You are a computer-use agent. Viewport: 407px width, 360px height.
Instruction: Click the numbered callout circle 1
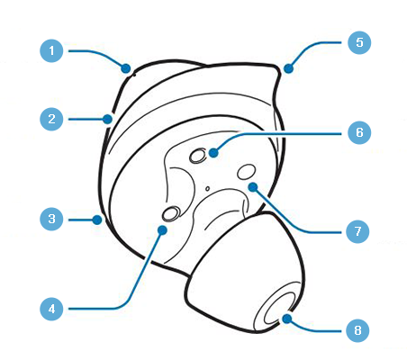(51, 50)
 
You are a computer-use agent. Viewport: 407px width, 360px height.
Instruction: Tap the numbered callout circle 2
(51, 119)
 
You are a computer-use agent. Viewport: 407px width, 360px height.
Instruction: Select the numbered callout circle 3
(51, 219)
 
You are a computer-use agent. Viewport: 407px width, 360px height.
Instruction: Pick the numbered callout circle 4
(51, 309)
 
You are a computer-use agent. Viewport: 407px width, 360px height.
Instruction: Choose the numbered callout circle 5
(359, 42)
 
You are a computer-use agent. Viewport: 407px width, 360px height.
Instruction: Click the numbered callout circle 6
(359, 132)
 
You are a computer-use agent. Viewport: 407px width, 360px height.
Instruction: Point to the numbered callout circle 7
(357, 231)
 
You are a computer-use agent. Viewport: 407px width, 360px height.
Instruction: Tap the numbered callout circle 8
(357, 330)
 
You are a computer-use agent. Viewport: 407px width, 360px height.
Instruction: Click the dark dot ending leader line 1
(126, 68)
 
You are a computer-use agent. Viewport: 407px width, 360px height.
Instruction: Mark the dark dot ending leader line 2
(107, 119)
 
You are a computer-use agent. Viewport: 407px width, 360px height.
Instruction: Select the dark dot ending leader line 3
(97, 220)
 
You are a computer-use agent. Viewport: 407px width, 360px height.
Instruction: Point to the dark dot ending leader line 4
(162, 230)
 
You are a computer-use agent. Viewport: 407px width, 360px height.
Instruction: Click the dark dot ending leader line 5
(288, 68)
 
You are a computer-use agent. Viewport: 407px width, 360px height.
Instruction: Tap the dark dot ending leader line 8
(287, 319)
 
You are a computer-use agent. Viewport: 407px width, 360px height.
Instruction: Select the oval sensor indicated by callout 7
(247, 172)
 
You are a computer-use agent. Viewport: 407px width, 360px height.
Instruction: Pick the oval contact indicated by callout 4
(171, 213)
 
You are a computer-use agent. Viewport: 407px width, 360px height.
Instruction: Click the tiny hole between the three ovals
(207, 189)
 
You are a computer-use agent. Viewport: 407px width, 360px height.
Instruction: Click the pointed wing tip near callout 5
(277, 68)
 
